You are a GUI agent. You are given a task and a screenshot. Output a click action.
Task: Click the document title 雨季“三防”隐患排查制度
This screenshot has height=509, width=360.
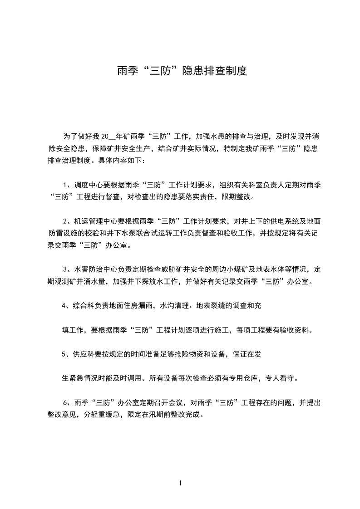182,71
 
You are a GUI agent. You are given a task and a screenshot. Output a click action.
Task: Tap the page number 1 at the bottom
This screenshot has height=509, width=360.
180,483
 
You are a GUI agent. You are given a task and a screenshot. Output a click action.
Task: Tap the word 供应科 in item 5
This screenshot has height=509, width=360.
88,354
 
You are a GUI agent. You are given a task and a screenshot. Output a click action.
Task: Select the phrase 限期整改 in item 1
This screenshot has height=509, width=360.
239,197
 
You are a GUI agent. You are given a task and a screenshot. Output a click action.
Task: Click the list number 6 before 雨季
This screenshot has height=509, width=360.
65,402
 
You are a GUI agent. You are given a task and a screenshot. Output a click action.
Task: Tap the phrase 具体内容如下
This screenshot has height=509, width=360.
128,160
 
